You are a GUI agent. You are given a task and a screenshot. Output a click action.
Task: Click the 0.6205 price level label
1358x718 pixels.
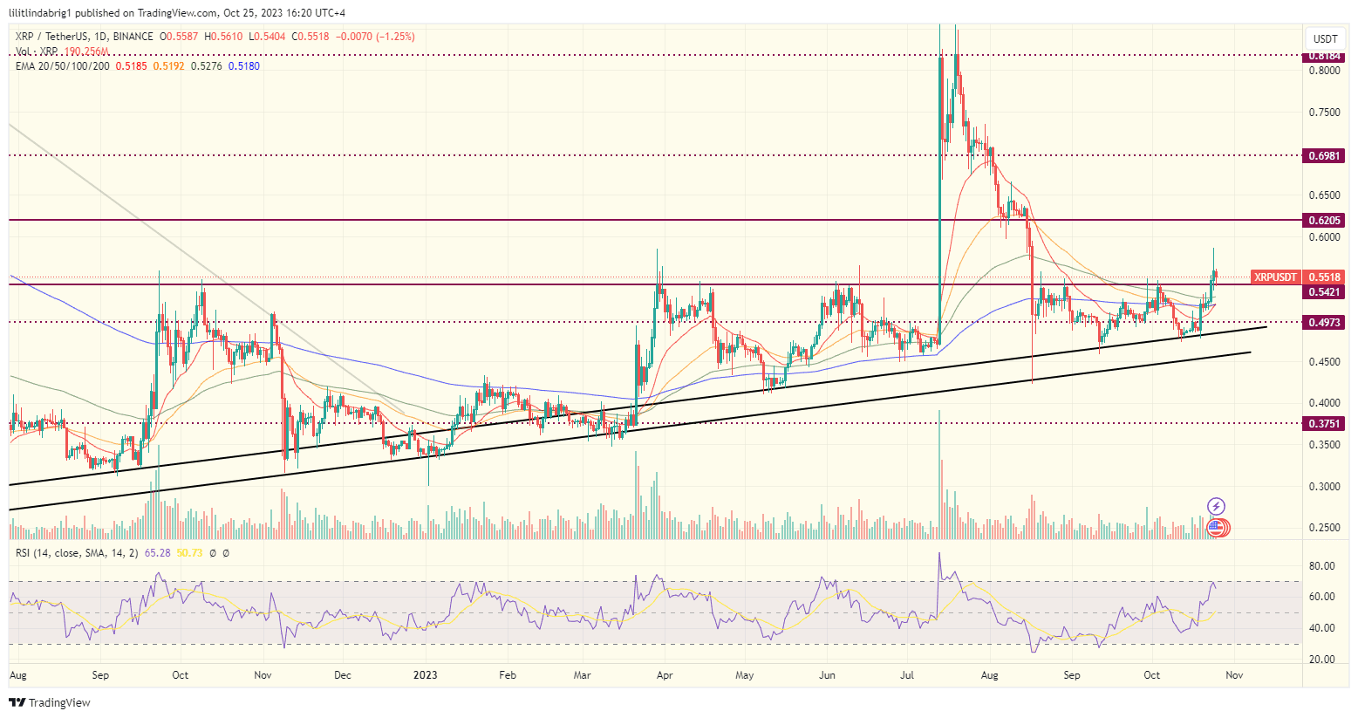[1325, 220]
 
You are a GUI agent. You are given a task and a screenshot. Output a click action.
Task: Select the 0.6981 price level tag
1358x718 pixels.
[1325, 155]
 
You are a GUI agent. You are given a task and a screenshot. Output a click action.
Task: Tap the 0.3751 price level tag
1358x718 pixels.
[1325, 423]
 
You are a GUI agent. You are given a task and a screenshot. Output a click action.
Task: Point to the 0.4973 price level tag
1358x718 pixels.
[1325, 322]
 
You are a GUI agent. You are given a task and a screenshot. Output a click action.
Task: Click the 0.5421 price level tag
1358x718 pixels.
[1325, 291]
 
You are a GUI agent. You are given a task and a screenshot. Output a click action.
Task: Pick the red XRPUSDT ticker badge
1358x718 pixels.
[1275, 277]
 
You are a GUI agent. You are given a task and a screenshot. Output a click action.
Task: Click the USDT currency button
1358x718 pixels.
[1325, 38]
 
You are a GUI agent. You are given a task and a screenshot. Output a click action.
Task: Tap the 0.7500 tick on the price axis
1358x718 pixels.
[1325, 113]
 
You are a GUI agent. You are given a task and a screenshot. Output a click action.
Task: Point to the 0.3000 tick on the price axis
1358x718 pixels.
[1325, 486]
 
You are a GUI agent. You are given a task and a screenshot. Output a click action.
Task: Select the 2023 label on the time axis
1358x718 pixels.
[425, 675]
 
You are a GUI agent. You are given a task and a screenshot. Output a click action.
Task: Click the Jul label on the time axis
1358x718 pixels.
[908, 675]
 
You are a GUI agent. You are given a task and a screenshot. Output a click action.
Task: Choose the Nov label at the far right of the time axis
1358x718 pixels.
[1233, 675]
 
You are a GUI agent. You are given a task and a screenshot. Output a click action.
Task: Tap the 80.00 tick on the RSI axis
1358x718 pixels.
[1321, 566]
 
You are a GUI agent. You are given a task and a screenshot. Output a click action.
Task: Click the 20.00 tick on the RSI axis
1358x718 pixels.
[1321, 660]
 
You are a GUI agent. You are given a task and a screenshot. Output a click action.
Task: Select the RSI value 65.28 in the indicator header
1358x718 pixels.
[157, 553]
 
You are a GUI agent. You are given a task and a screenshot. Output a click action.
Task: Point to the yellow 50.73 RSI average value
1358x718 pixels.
[189, 553]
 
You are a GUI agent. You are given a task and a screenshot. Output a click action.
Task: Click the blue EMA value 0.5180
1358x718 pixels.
[243, 66]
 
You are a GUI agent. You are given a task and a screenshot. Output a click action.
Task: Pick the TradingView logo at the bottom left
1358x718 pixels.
[50, 702]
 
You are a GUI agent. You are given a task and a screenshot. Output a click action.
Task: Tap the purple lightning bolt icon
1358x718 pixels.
[1216, 506]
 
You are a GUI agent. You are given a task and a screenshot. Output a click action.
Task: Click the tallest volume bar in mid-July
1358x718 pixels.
[939, 471]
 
